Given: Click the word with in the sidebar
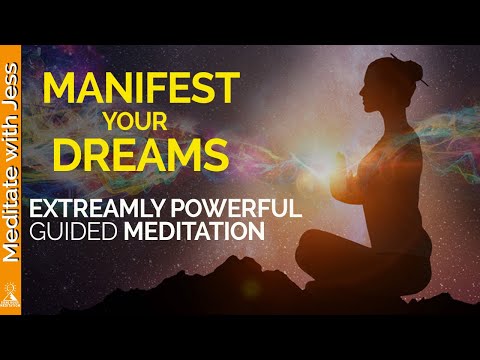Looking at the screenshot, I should (x=14, y=140).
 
